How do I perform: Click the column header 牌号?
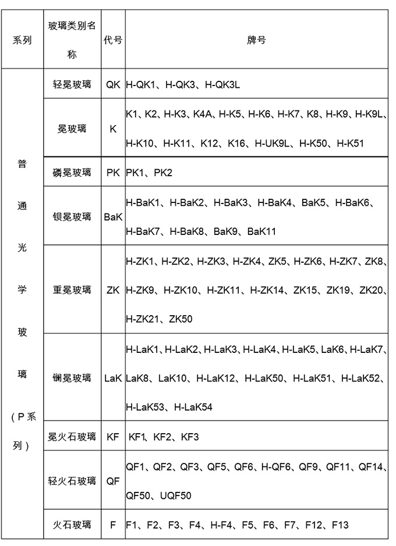(257, 40)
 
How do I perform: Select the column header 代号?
(113, 40)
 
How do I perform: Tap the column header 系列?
(22, 40)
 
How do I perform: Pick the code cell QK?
(113, 84)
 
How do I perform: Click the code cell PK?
(113, 172)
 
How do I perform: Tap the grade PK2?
(162, 172)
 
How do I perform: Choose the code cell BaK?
(113, 217)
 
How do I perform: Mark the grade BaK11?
(261, 231)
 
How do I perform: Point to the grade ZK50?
(181, 319)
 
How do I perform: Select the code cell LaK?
(113, 378)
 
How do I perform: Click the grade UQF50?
(175, 495)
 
